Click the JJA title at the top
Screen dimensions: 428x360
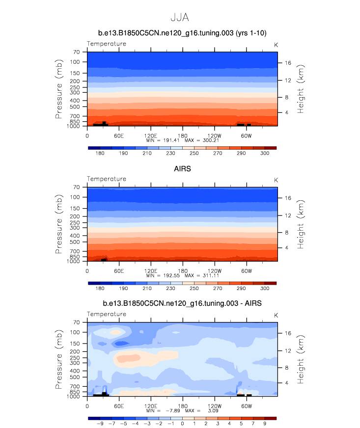point(180,17)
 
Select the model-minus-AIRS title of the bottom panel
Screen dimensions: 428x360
point(180,304)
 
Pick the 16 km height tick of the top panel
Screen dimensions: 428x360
point(289,62)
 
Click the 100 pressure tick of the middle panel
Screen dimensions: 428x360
point(74,197)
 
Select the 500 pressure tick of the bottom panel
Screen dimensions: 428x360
point(74,377)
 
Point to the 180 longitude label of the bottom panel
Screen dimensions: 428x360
point(183,406)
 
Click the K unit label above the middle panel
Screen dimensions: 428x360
point(276,179)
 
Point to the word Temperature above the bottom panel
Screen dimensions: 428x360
point(107,314)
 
